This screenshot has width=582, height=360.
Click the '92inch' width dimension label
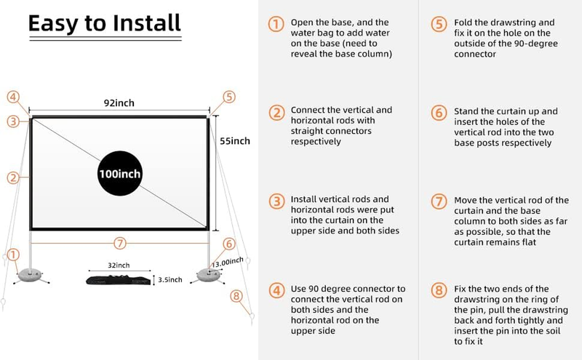point(119,103)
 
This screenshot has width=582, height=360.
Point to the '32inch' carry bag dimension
point(119,265)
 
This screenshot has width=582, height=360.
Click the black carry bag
point(119,279)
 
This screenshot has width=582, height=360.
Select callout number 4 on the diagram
point(14,96)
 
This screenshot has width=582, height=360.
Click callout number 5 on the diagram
point(229,96)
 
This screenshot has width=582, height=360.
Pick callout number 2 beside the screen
point(12,177)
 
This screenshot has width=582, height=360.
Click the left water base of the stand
point(30,273)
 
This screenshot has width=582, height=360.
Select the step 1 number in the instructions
point(276,25)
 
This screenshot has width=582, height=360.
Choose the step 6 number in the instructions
point(437,113)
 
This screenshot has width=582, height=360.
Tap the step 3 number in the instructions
point(276,201)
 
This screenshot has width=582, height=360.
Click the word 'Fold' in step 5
point(463,22)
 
